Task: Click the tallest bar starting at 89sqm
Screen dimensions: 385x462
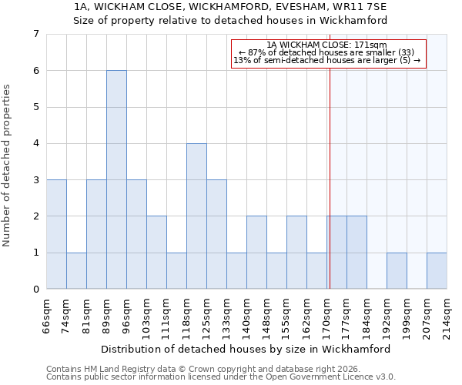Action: coord(116,179)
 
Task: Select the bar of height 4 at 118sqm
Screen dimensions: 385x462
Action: coord(196,216)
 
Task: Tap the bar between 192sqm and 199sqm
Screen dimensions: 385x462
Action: coord(397,270)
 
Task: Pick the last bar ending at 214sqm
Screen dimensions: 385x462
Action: coord(437,270)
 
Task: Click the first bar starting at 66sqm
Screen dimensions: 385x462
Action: coord(56,234)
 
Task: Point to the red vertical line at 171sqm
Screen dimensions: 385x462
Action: coord(330,177)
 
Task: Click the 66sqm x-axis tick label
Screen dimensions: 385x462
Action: coord(47,316)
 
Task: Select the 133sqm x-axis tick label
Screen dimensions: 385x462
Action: coord(227,316)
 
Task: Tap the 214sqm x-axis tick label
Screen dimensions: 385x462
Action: coord(447,316)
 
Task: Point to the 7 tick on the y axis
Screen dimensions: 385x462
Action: coord(35,34)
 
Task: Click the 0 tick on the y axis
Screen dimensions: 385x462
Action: coord(35,290)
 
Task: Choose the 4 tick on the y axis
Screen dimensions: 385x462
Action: coord(35,143)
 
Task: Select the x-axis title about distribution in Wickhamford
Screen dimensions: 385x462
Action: coord(246,349)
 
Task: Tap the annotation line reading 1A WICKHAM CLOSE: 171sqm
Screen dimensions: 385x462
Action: coord(327,45)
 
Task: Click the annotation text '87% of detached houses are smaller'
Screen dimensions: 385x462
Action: coord(327,52)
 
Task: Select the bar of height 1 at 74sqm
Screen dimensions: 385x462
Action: coord(76,270)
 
